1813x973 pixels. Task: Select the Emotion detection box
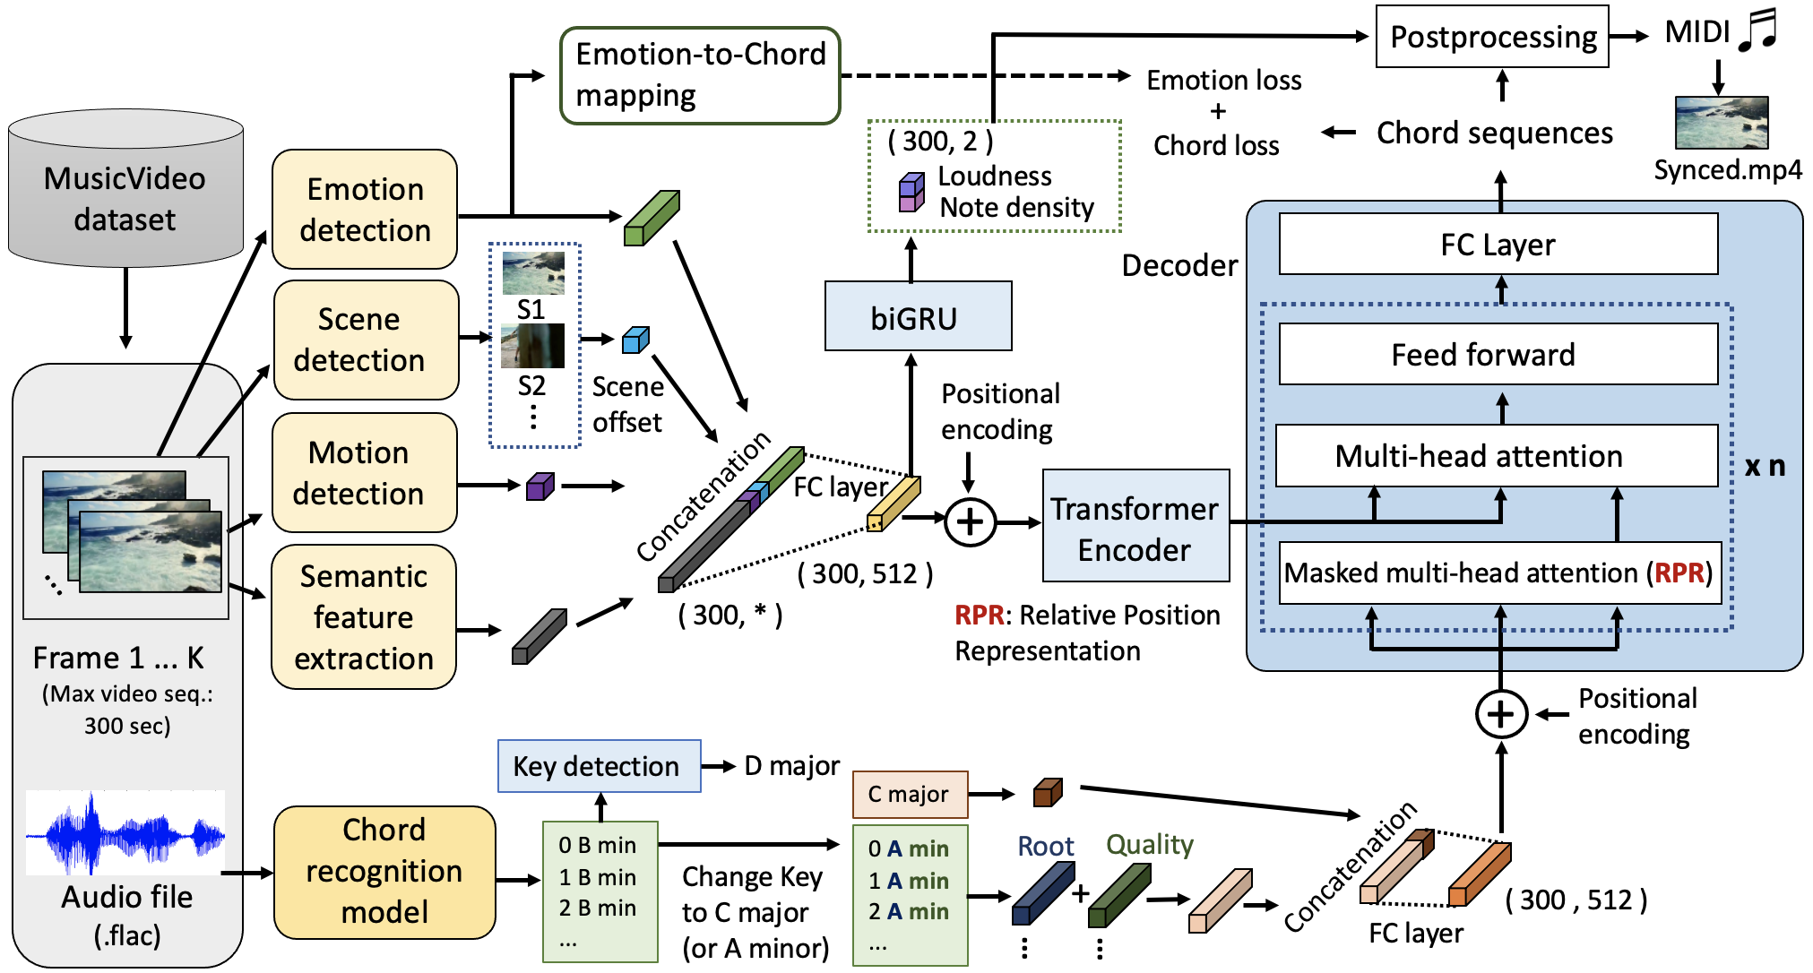tap(365, 210)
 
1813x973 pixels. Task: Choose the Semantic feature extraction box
tap(364, 617)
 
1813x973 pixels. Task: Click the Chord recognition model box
tap(384, 872)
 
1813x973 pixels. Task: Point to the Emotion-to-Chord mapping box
tap(700, 75)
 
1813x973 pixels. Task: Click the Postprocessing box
tap(1492, 37)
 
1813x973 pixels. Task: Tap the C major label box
tap(910, 794)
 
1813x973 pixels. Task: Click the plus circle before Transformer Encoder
tap(971, 521)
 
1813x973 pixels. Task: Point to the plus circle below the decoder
tap(1501, 714)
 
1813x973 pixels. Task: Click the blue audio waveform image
tap(125, 833)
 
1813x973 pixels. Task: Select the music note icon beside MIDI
tap(1758, 30)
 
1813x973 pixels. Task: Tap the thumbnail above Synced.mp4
tap(1722, 123)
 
